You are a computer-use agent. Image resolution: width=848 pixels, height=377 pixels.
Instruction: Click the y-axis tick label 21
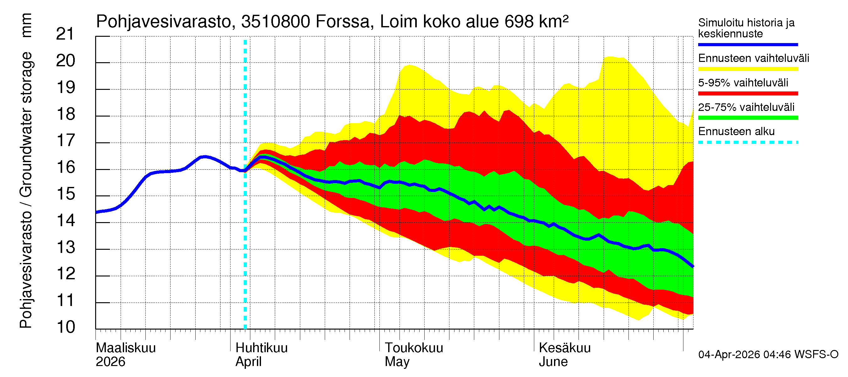click(66, 34)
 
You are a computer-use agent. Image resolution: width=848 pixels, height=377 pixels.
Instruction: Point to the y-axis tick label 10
click(66, 327)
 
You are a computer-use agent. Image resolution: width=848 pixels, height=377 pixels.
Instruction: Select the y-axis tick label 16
click(66, 167)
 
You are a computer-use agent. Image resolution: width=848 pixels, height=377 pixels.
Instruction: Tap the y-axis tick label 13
click(66, 247)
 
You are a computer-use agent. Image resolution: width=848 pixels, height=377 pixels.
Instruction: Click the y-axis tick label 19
click(66, 87)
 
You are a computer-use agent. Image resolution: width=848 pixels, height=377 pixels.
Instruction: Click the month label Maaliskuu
click(125, 348)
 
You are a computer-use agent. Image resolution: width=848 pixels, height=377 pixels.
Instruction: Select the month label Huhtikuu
click(261, 348)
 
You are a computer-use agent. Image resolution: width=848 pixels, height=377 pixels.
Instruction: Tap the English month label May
click(397, 362)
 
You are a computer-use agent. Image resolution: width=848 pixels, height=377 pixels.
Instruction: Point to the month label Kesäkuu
click(565, 348)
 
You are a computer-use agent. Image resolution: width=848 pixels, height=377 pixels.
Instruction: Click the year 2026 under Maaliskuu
click(110, 362)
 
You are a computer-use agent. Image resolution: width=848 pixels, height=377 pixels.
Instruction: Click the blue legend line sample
click(747, 44)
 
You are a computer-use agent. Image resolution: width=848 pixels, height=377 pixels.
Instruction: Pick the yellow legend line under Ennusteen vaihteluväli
click(747, 69)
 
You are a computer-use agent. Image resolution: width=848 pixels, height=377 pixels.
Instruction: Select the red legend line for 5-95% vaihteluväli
click(747, 94)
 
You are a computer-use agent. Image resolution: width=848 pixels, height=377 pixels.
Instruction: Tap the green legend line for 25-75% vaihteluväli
click(747, 118)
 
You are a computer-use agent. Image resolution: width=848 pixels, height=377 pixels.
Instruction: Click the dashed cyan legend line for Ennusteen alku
click(747, 143)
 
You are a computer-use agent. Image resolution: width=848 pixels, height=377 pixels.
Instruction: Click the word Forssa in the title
click(343, 22)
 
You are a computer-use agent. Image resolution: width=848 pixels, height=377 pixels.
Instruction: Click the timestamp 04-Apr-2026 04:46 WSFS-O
click(768, 354)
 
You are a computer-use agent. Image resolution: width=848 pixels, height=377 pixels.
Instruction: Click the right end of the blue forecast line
click(693, 266)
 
